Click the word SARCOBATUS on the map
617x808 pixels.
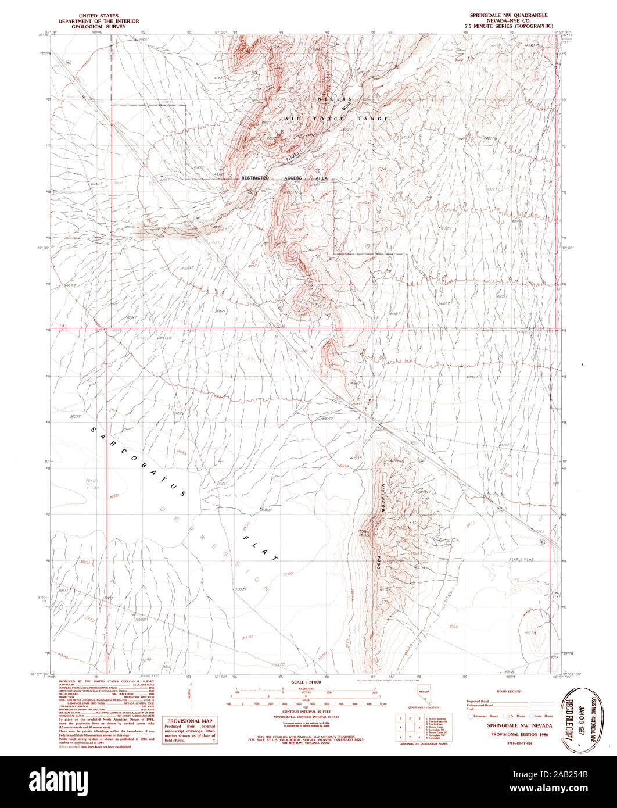pyautogui.click(x=138, y=462)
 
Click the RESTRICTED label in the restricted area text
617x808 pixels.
pyautogui.click(x=255, y=178)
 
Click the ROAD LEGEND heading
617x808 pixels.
pyautogui.click(x=510, y=691)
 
